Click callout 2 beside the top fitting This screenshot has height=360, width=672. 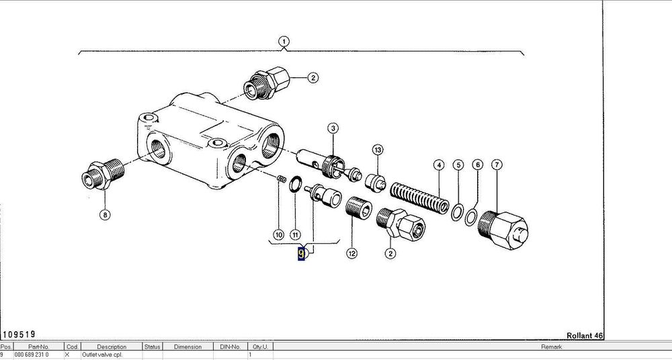(x=312, y=78)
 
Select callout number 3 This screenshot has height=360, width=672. (x=333, y=128)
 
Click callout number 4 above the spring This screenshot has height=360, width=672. (x=439, y=165)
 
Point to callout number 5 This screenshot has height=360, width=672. (x=458, y=165)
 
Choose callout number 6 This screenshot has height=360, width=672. (x=477, y=165)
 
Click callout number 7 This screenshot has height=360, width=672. (x=497, y=165)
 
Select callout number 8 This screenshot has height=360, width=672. (x=104, y=216)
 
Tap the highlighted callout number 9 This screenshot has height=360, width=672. (x=302, y=254)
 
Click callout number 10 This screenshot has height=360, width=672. (x=278, y=234)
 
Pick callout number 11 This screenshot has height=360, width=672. (x=295, y=234)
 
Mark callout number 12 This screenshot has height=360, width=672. (x=351, y=253)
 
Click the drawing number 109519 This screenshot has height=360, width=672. (x=19, y=334)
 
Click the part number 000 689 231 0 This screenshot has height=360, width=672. (x=32, y=354)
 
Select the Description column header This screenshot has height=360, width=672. (x=111, y=347)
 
